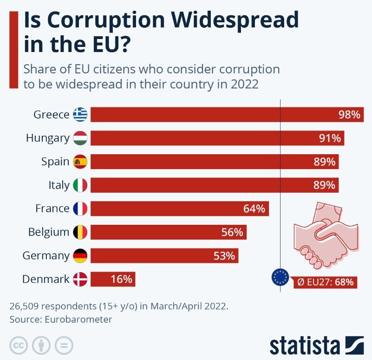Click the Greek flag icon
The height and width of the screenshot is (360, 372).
[x=80, y=114]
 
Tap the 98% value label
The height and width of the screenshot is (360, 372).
[x=349, y=115]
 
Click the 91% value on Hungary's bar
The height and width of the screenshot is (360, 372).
[x=330, y=138]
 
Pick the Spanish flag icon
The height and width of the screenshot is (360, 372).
[x=80, y=162]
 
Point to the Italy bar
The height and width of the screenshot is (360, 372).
[x=214, y=185]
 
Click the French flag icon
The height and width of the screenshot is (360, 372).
[x=80, y=209]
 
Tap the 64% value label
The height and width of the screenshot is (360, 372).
[x=254, y=209]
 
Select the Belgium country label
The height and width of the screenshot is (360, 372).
[x=48, y=232]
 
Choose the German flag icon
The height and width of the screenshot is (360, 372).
[x=80, y=255]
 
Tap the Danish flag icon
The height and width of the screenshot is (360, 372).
[x=80, y=279]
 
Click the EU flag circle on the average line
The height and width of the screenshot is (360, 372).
[x=280, y=277]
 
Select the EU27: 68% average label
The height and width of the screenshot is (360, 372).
[x=325, y=281]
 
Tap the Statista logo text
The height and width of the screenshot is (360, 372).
[x=305, y=346]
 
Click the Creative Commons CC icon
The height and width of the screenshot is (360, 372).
[x=19, y=345]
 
